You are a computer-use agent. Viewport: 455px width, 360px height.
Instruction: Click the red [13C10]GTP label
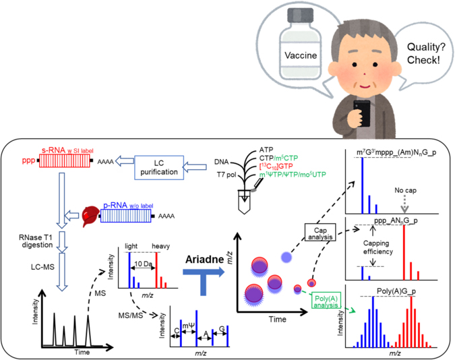pos(276,166)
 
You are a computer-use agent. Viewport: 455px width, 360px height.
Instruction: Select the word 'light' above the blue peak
pos(129,246)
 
